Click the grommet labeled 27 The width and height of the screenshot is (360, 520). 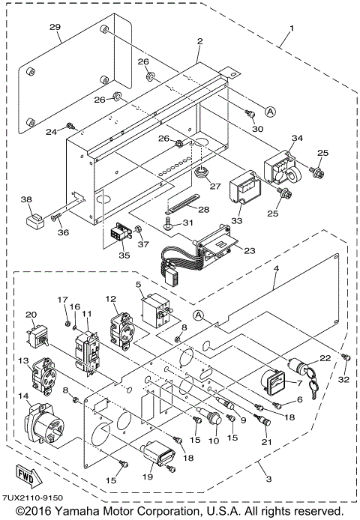coord(200,174)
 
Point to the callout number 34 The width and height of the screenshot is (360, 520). coord(298,138)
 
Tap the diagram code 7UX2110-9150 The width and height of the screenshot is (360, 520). coord(32,498)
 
